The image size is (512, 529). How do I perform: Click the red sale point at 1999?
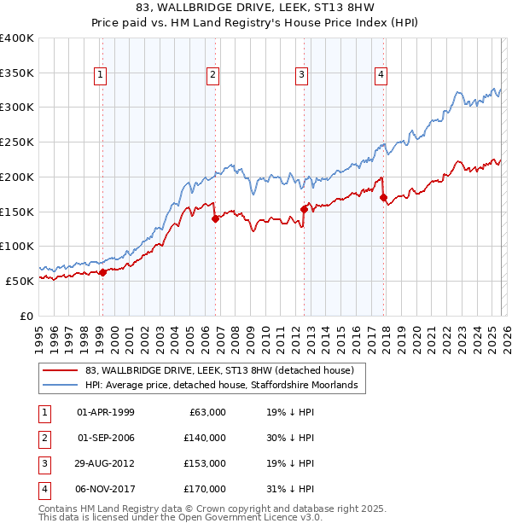coord(102,272)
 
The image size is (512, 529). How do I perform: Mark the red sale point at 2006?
coord(215,218)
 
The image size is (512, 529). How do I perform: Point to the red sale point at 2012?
coord(304,208)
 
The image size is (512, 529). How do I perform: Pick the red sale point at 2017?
coord(383,197)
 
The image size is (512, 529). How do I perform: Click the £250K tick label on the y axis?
coord(17,142)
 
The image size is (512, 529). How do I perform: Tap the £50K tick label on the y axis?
coord(20,281)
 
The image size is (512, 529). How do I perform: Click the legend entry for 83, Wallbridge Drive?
coord(225,370)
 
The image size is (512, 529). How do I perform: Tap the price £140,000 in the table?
coord(205,438)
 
